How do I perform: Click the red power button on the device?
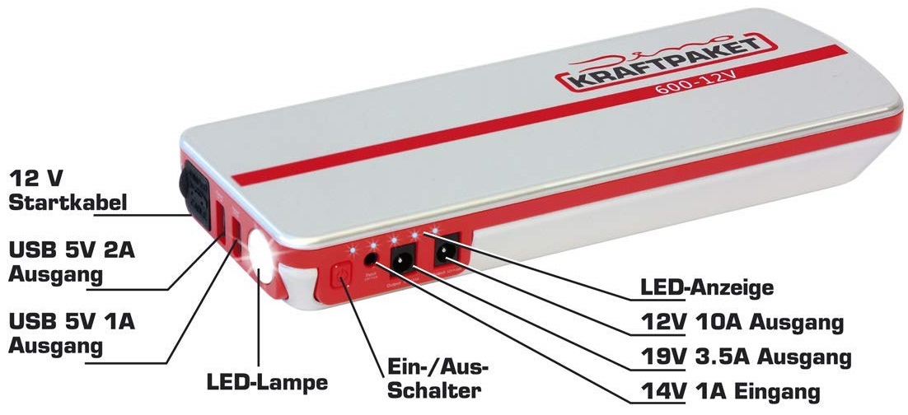[340, 277]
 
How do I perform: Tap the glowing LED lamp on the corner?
[263, 256]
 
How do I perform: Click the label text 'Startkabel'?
[68, 202]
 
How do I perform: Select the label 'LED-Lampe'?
[267, 382]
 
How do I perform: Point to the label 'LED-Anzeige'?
[707, 288]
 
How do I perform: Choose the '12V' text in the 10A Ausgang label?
[662, 322]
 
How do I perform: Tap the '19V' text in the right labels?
[662, 357]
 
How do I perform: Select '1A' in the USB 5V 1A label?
[124, 320]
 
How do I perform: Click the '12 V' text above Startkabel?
[37, 178]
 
